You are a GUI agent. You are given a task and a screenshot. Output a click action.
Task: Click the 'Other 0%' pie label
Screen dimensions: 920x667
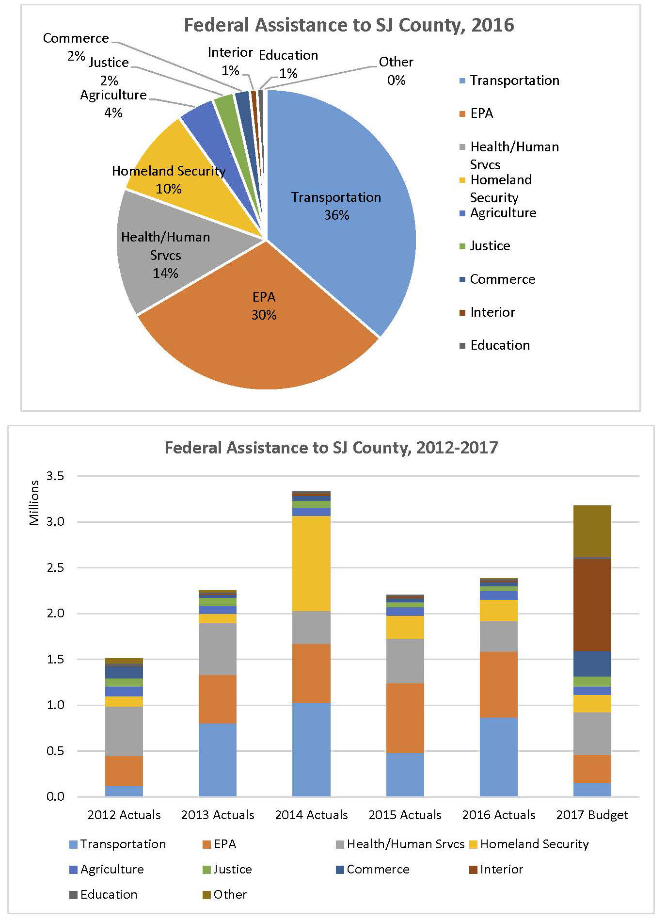396,71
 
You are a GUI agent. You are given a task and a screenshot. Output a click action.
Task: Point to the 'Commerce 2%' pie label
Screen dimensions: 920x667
76,46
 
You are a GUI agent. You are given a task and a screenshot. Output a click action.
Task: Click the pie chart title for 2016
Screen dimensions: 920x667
349,25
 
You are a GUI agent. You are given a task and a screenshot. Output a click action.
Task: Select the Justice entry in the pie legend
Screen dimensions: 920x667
490,246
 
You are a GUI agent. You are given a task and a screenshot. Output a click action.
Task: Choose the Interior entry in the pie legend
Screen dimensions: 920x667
492,312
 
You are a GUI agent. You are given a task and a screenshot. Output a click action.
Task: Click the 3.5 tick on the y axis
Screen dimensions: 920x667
55,476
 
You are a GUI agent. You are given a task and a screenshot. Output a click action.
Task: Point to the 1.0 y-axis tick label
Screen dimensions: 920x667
55,705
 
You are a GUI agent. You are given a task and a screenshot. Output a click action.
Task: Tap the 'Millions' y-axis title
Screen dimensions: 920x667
34,502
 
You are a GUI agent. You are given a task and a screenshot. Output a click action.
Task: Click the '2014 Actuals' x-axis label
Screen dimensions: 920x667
311,815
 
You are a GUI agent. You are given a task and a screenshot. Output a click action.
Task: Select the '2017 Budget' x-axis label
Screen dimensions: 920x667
592,815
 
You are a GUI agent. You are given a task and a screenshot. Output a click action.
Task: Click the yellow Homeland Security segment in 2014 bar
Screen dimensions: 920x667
311,563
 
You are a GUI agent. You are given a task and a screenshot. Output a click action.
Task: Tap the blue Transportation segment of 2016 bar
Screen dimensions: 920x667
498,757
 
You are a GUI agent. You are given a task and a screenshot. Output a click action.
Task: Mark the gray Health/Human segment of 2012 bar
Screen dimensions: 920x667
124,731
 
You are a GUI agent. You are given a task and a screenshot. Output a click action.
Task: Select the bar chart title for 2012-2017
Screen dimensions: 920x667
331,447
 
